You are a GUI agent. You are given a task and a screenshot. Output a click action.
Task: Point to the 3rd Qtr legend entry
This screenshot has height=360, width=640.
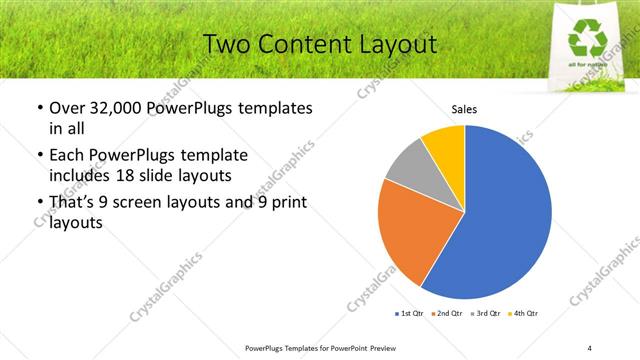point(488,314)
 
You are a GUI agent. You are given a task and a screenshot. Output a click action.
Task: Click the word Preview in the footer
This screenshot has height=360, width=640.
point(391,347)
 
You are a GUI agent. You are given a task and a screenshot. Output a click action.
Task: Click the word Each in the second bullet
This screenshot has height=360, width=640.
point(68,155)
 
